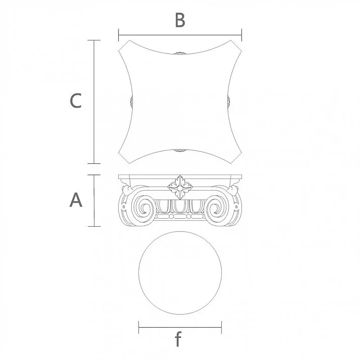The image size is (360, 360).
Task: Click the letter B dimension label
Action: click(180, 21)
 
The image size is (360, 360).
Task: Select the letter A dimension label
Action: click(75, 200)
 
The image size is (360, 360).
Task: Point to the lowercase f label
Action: click(178, 341)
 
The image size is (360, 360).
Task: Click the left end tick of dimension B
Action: click(119, 35)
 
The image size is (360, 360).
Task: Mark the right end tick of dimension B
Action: click(242, 35)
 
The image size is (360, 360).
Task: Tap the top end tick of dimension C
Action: click(94, 40)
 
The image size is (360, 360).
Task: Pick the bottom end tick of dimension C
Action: click(94, 163)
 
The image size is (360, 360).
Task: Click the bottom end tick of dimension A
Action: click(94, 226)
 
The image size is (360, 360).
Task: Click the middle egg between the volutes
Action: click(180, 207)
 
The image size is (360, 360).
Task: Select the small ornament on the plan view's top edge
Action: click(179, 53)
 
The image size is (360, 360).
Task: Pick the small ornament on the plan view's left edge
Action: click(131, 102)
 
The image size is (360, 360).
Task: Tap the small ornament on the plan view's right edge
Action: click(229, 102)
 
